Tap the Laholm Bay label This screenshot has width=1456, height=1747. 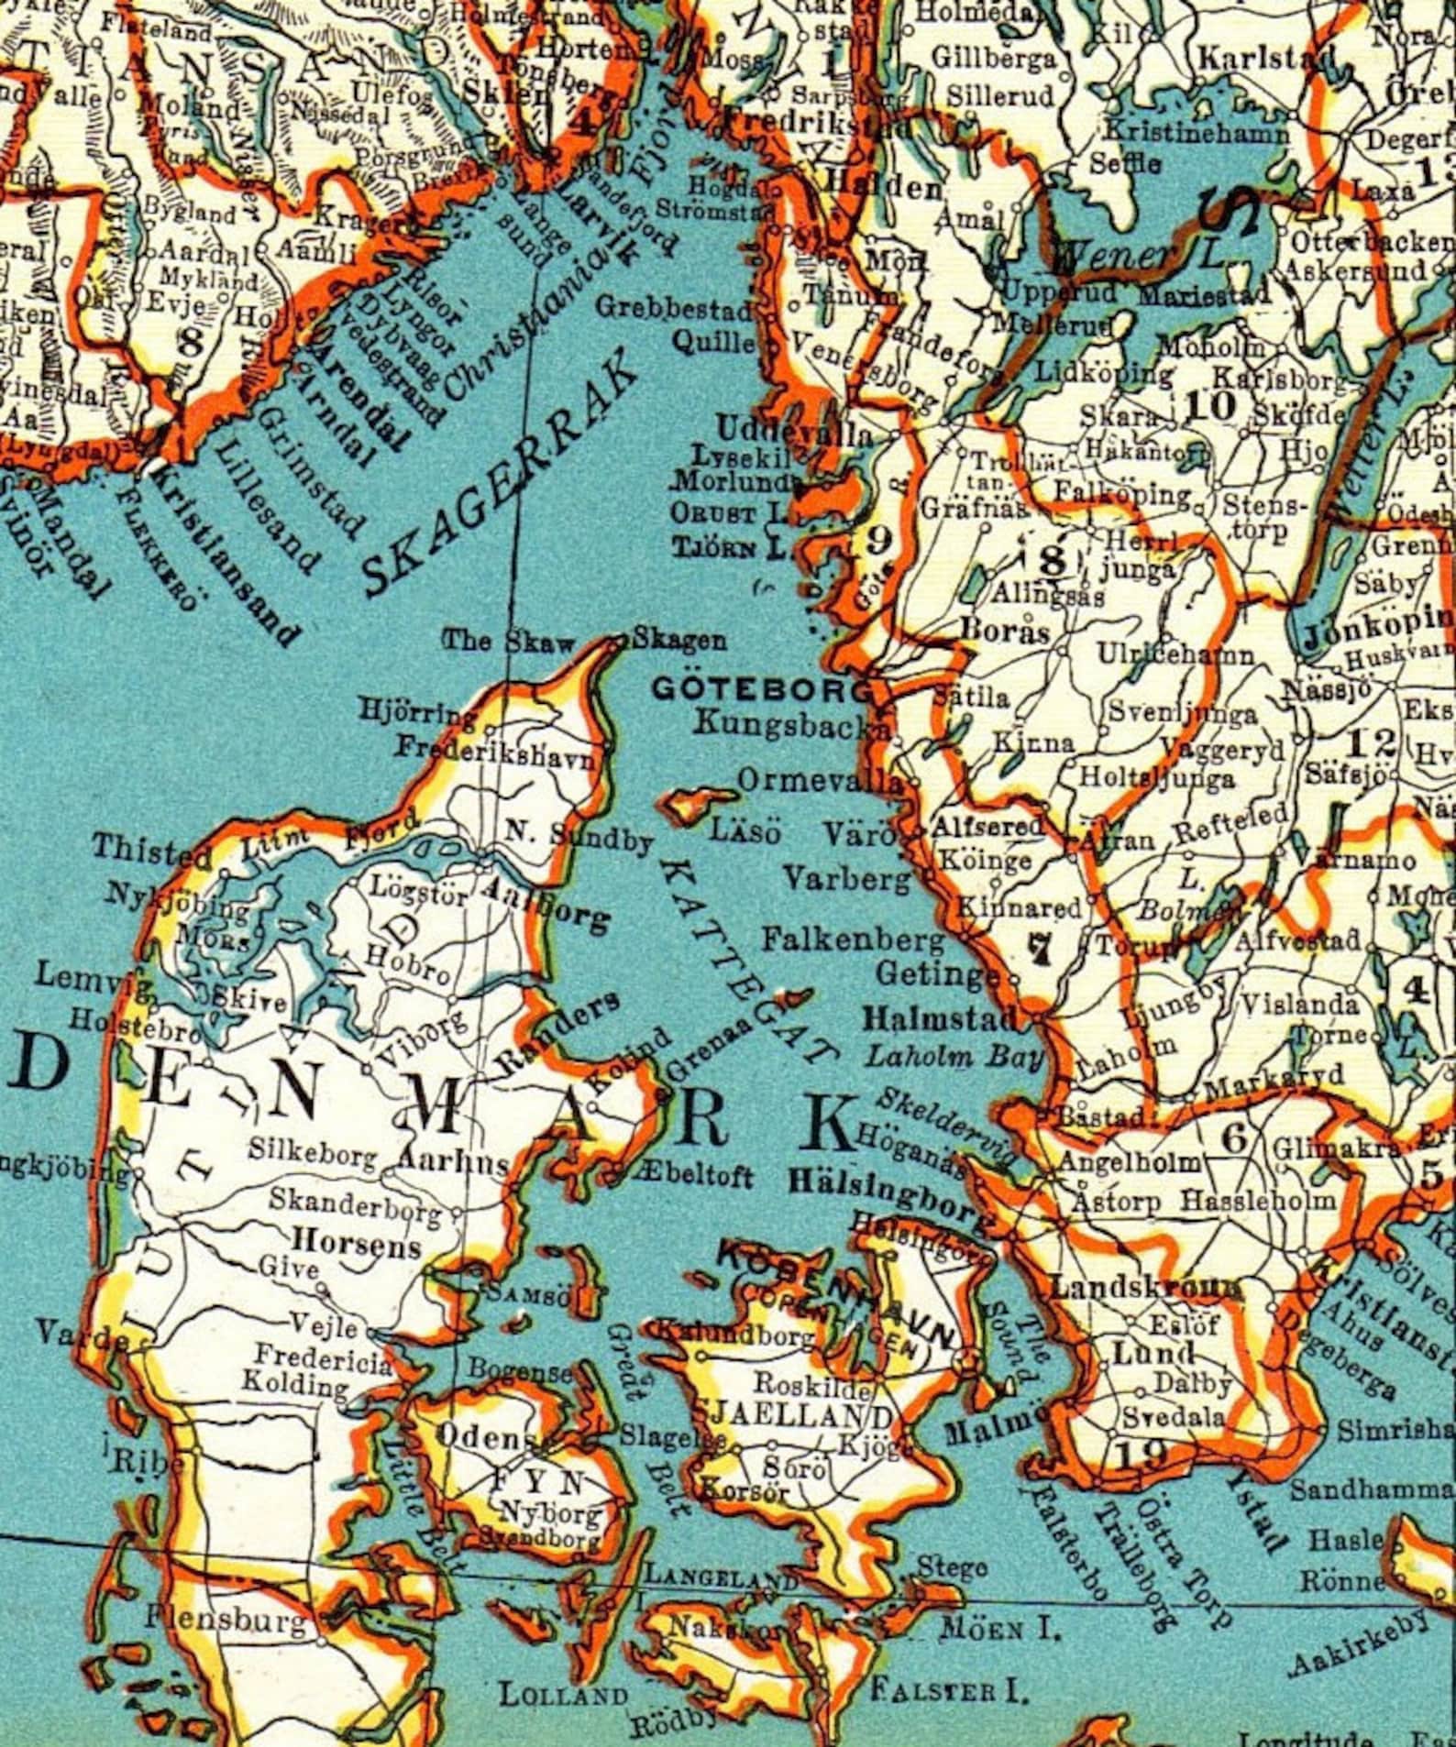(x=954, y=1057)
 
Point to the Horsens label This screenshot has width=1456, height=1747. (x=356, y=1244)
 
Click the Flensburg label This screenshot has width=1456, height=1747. (x=225, y=1621)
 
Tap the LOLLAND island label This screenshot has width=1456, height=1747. (x=564, y=1694)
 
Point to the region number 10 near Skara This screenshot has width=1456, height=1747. (x=1209, y=404)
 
